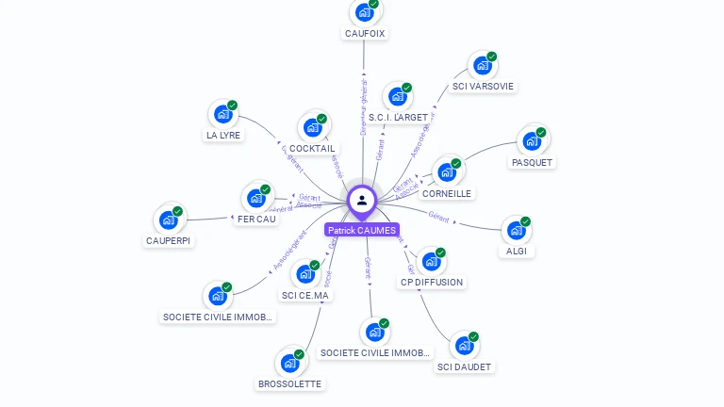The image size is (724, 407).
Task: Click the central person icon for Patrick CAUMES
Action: click(361, 200)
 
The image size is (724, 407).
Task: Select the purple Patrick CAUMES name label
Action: click(362, 230)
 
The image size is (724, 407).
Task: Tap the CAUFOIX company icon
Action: click(364, 13)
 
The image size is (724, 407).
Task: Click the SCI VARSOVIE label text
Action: click(483, 87)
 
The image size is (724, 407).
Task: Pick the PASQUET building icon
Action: click(532, 141)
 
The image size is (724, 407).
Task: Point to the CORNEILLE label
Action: click(447, 193)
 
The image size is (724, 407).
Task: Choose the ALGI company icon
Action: click(515, 230)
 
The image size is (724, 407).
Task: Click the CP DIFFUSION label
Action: click(432, 282)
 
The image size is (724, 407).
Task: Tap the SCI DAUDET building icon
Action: click(463, 345)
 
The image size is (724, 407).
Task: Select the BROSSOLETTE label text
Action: click(289, 384)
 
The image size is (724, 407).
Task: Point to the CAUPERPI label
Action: click(169, 240)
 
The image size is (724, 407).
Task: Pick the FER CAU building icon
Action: click(255, 198)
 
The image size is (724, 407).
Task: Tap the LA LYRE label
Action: click(223, 135)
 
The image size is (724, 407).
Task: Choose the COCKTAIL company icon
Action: click(312, 127)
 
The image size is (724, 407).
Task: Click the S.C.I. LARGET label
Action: click(398, 118)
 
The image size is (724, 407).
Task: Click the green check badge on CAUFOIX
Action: click(373, 4)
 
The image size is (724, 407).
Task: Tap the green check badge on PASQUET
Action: click(541, 132)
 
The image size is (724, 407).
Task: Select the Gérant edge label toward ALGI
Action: click(438, 216)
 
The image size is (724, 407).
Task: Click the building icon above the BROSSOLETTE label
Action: click(289, 363)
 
